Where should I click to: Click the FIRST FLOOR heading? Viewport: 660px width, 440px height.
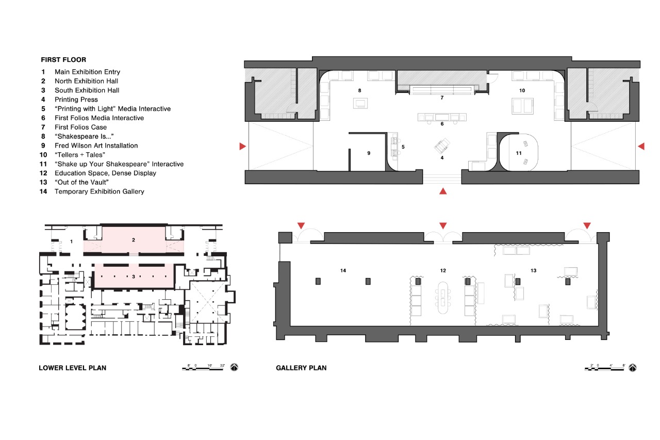(x=63, y=60)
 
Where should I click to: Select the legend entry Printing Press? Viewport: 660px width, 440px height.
(x=76, y=100)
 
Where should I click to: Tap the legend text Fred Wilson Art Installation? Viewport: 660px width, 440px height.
(x=96, y=145)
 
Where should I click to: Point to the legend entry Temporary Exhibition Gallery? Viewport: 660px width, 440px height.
(x=100, y=191)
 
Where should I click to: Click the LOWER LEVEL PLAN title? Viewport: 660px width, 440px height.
(x=73, y=368)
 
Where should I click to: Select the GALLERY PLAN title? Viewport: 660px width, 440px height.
(x=301, y=368)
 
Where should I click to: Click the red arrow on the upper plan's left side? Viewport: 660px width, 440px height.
(x=242, y=146)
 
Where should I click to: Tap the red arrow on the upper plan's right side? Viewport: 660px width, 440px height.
(x=641, y=146)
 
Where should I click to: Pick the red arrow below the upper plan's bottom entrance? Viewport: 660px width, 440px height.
(x=443, y=191)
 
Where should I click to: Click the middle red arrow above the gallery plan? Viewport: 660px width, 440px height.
(x=443, y=226)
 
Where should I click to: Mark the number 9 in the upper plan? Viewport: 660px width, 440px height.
(x=369, y=153)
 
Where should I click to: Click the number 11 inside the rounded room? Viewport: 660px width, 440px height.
(x=519, y=153)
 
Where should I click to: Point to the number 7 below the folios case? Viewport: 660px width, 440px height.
(x=442, y=98)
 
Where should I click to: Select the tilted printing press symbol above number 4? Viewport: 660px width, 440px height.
(x=442, y=146)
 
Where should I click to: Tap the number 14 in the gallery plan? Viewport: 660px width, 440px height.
(x=343, y=270)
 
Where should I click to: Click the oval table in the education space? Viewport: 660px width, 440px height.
(x=442, y=298)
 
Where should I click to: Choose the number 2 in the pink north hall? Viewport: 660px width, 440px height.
(x=134, y=240)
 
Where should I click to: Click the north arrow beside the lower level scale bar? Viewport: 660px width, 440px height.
(x=234, y=367)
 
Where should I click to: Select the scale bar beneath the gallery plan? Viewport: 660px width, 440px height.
(x=604, y=368)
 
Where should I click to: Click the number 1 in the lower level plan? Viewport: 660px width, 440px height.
(x=71, y=241)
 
